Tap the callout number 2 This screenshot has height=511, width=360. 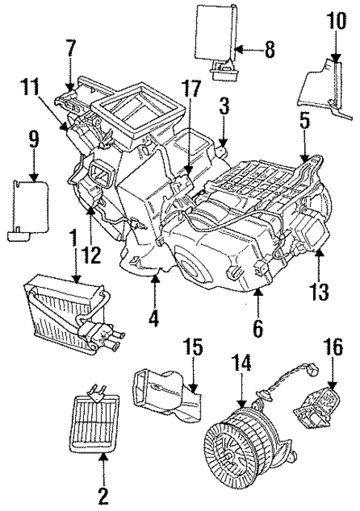click(103, 493)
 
